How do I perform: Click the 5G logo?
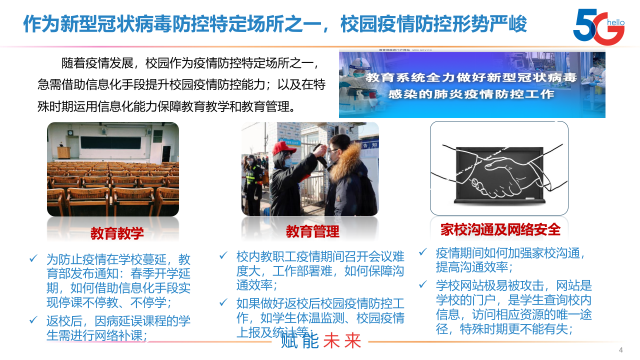(598, 26)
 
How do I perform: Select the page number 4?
(621, 349)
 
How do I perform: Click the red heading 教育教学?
(117, 233)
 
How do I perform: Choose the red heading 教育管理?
(312, 231)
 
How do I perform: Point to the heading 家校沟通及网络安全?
(500, 229)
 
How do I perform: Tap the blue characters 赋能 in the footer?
(299, 341)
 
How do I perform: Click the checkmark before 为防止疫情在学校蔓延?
(33, 259)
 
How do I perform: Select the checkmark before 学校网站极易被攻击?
(423, 285)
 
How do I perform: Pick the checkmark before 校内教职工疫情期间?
(223, 256)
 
